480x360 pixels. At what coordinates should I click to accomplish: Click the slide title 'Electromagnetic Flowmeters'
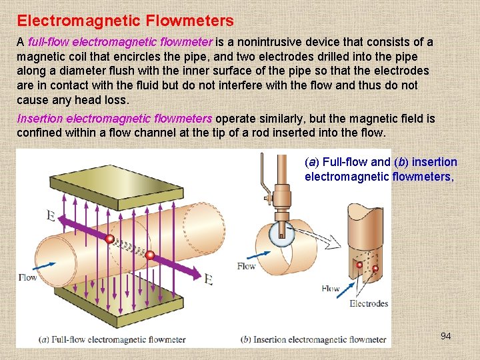[125, 21]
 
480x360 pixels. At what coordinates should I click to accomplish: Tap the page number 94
[445, 336]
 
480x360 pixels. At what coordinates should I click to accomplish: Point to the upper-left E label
[51, 215]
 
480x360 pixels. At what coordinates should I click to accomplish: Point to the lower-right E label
[208, 279]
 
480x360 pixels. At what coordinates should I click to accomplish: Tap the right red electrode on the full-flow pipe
[150, 255]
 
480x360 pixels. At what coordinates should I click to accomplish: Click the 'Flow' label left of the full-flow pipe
[28, 277]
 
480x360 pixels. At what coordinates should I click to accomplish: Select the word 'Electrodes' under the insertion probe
[368, 304]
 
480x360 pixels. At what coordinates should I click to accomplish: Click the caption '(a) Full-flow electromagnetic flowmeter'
[112, 339]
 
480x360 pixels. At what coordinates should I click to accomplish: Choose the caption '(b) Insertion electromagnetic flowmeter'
[313, 339]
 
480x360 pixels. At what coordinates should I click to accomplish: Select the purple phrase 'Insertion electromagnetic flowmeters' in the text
[114, 119]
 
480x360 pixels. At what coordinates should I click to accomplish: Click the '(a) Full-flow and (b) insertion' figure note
[381, 162]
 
